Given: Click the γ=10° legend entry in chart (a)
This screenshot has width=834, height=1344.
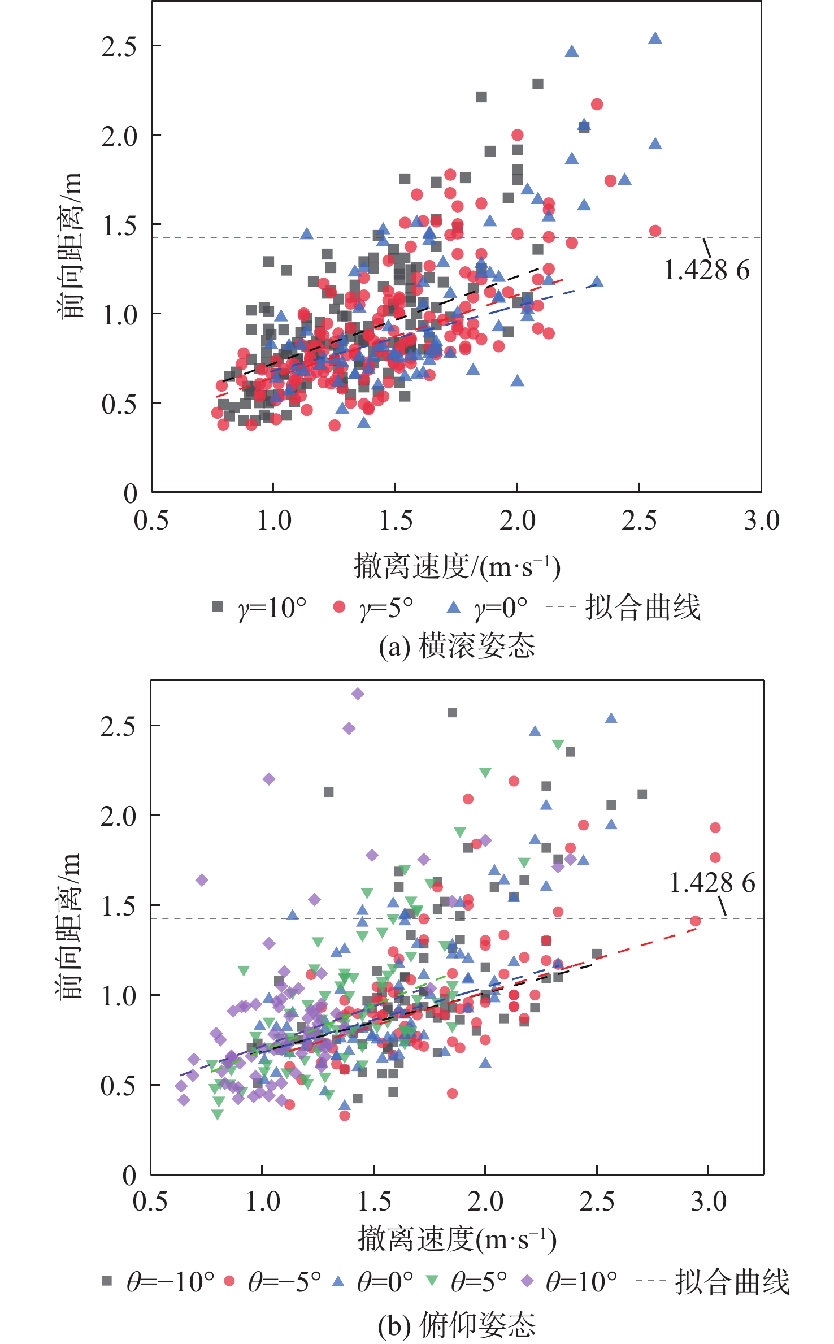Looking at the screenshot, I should pyautogui.click(x=259, y=608).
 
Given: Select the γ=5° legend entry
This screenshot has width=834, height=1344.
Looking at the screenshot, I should pyautogui.click(x=373, y=608).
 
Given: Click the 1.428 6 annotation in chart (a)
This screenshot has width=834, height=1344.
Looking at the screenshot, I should pyautogui.click(x=706, y=270).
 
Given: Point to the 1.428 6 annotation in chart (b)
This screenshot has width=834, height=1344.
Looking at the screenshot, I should pyautogui.click(x=712, y=882).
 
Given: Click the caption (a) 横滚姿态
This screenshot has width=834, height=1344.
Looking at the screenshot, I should pyautogui.click(x=457, y=646).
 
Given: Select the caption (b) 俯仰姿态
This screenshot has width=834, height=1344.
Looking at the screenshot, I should pyautogui.click(x=457, y=1324).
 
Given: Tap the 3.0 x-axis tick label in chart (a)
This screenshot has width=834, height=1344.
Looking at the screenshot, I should pyautogui.click(x=761, y=521).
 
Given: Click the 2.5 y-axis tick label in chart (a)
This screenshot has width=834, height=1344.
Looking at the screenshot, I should pyautogui.click(x=119, y=46).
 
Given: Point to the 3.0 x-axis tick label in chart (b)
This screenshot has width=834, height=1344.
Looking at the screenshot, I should pyautogui.click(x=709, y=1199).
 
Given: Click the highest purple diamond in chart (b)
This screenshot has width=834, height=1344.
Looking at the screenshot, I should pyautogui.click(x=358, y=693).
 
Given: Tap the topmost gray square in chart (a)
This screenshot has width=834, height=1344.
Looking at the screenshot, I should pyautogui.click(x=538, y=84).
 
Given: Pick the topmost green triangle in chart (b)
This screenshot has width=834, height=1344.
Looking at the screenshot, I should pyautogui.click(x=558, y=745).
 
